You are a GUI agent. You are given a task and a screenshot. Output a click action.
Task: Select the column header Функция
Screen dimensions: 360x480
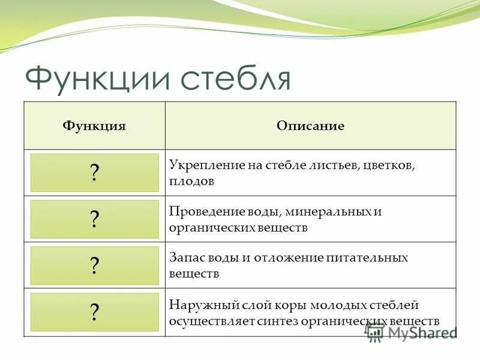tap(94, 126)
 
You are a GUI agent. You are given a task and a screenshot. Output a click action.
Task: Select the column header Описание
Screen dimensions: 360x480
tap(310, 126)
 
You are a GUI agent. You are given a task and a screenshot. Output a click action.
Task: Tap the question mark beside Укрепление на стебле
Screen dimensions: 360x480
tap(94, 173)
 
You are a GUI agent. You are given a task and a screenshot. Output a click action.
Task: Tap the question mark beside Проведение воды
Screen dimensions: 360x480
tap(94, 219)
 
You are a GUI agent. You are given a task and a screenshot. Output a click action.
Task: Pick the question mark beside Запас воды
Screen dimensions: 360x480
tap(94, 265)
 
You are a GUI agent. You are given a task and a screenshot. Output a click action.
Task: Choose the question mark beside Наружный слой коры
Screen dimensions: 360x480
tap(94, 311)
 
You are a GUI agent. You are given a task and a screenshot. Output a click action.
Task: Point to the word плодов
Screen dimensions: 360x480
tap(191, 181)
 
